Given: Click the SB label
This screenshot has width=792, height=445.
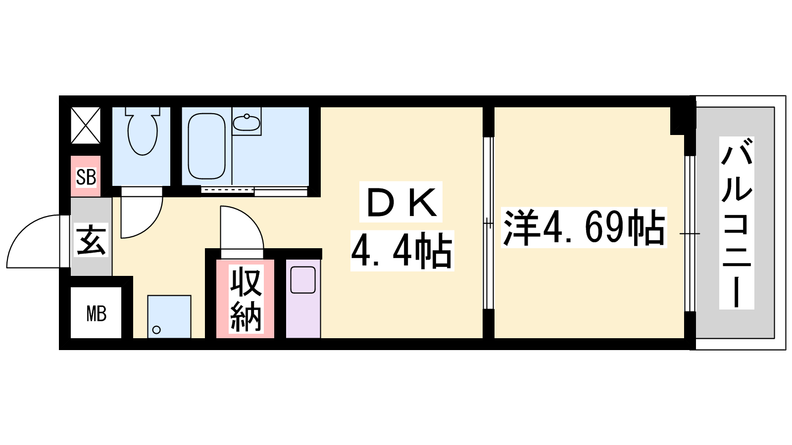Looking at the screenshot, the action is point(86,177).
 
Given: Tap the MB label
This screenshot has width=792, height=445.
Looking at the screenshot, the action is point(96,313).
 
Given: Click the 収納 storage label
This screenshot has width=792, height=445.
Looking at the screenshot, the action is point(246,299).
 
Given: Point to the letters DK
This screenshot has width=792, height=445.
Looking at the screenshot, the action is point(401,202).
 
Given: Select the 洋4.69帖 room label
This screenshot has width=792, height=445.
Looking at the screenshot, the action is point(584,227).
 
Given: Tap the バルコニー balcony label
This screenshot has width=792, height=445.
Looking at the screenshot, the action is point(737,223).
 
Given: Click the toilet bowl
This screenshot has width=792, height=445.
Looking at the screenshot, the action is point(142,131).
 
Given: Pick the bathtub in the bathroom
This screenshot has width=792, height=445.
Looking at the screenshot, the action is point(206,146).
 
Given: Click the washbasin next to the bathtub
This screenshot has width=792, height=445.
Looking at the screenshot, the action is point(247,122).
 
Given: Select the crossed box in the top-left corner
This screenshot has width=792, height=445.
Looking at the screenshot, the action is point(86,126).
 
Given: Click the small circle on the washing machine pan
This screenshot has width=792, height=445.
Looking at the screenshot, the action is point(156,330).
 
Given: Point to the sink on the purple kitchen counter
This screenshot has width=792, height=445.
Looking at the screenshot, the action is point(303,280).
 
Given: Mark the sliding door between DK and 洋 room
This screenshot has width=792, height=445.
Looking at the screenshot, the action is point(488,223).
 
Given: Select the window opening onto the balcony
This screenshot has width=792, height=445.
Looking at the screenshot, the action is point(690,233).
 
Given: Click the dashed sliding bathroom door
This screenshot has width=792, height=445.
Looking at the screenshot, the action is point(228,190).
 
